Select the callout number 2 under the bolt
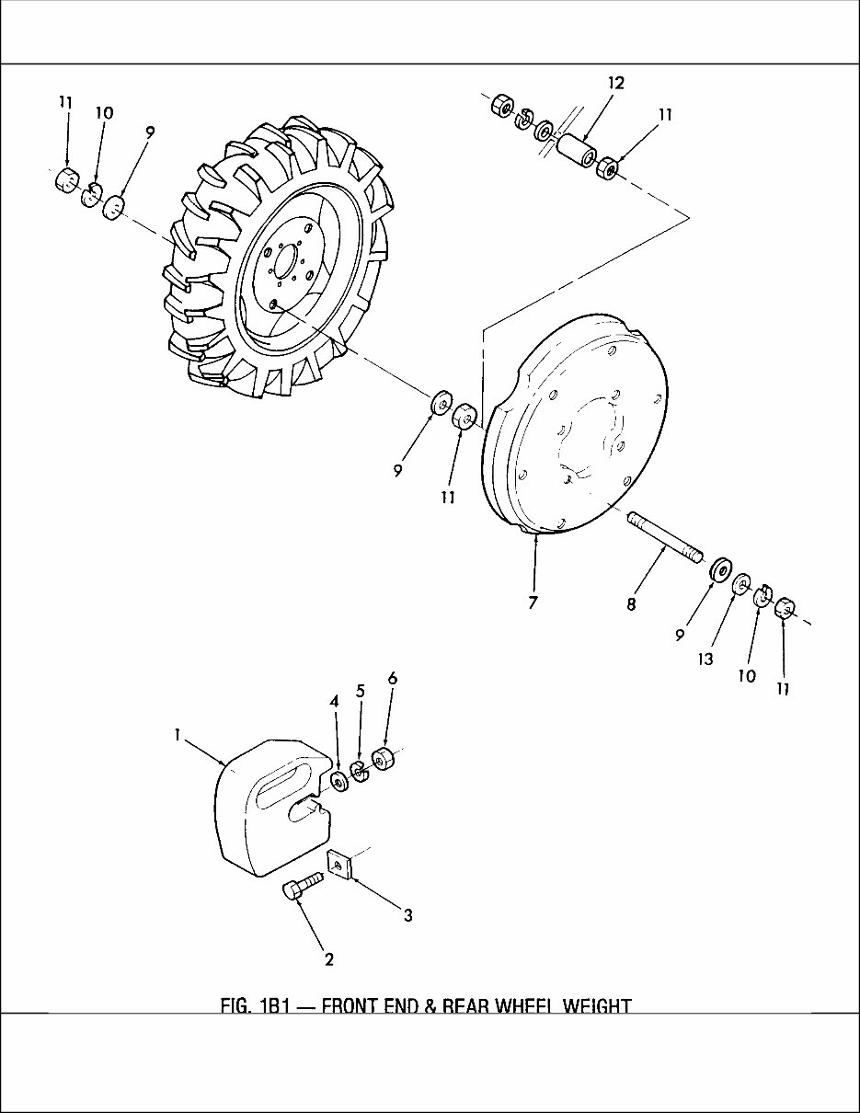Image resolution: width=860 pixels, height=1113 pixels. coord(327,959)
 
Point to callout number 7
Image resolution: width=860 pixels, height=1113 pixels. coord(533,603)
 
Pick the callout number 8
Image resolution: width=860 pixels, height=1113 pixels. coord(631,604)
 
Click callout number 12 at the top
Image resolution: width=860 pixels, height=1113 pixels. coord(615,83)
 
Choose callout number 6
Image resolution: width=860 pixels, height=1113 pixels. coord(393,678)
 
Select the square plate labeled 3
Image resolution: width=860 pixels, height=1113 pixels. coord(339,866)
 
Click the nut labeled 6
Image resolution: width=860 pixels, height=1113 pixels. coord(382,761)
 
